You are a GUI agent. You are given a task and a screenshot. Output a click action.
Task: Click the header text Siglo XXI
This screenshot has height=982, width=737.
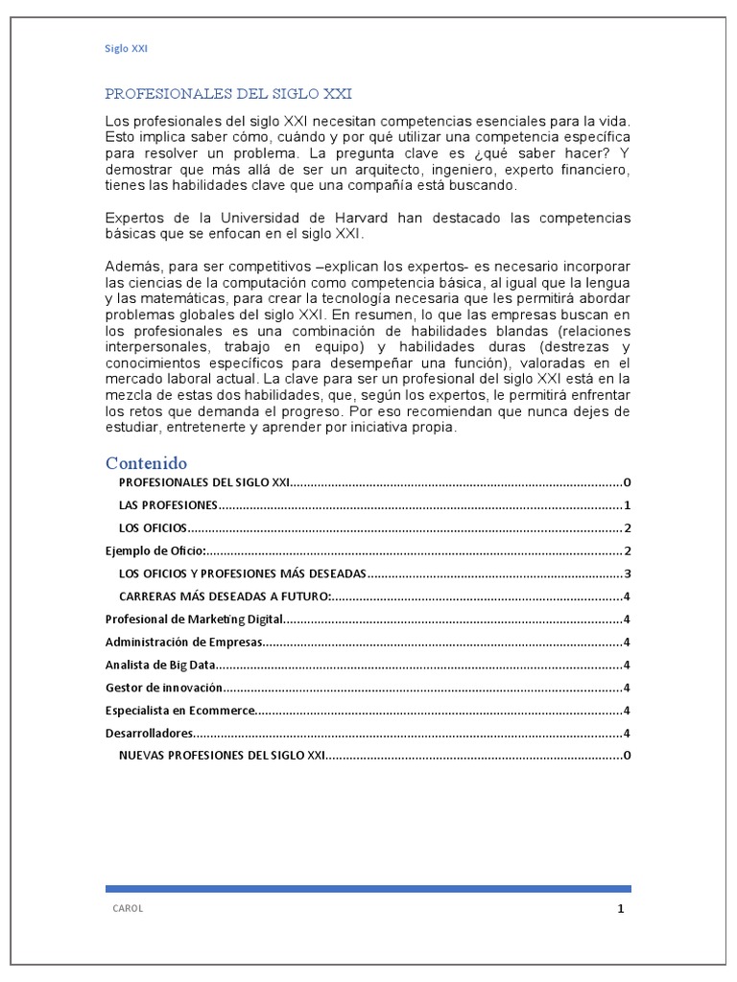pos(125,48)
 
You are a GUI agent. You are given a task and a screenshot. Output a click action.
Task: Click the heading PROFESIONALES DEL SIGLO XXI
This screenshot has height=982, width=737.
pos(227,94)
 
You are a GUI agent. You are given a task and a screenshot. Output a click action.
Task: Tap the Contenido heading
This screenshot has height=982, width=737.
pos(146,463)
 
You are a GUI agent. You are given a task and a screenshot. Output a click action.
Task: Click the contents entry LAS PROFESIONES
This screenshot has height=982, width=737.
pos(168,505)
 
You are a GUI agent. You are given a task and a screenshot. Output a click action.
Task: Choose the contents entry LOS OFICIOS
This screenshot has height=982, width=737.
pos(152,528)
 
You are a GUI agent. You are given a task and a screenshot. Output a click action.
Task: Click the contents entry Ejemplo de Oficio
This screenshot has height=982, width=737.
pos(155,551)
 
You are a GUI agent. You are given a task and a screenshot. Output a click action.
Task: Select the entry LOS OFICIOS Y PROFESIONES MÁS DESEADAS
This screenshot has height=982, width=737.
pos(242,574)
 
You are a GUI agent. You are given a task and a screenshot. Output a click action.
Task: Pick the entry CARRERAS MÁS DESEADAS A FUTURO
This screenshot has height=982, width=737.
pos(225,596)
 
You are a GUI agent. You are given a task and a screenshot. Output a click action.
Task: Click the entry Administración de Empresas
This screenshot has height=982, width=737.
pos(182,643)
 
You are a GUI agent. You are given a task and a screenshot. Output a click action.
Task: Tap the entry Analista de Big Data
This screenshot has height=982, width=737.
pos(159,665)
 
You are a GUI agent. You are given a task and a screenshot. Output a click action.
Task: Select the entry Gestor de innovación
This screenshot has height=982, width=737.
pos(163,688)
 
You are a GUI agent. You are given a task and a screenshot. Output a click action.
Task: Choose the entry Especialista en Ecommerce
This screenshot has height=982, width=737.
pos(179,711)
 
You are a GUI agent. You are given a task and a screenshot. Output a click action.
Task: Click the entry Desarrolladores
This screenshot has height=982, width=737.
pos(148,734)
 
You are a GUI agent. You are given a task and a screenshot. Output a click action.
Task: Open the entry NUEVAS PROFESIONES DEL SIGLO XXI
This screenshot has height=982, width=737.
pos(222,756)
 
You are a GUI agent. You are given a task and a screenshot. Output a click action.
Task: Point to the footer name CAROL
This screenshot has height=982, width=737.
pos(128,909)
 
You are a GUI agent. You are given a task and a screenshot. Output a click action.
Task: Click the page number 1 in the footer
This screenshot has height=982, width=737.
pos(621,909)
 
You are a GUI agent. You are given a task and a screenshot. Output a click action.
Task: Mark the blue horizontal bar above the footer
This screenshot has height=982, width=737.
pos(368,889)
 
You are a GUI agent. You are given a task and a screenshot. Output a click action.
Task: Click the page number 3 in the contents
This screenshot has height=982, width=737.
pos(626,574)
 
